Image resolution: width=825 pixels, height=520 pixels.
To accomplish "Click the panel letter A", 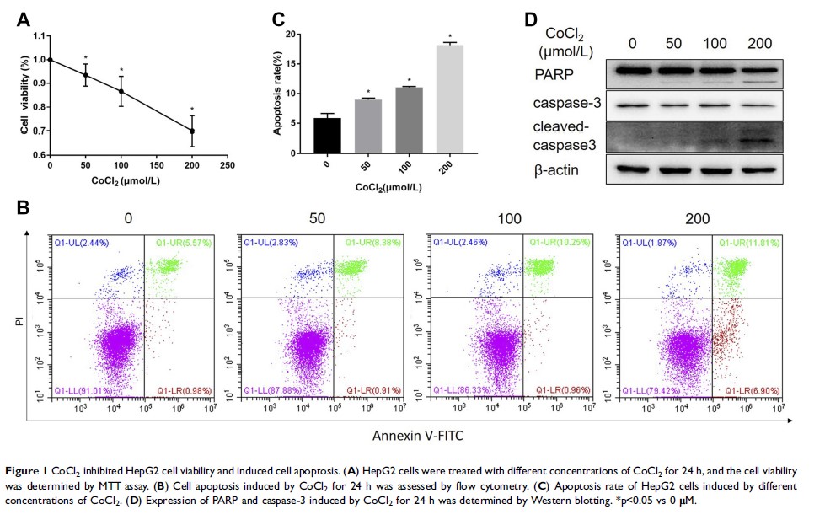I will (24, 18).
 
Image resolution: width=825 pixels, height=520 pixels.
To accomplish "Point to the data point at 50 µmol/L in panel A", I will (85, 75).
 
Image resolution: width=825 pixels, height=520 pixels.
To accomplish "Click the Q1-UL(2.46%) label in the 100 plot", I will (460, 244).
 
